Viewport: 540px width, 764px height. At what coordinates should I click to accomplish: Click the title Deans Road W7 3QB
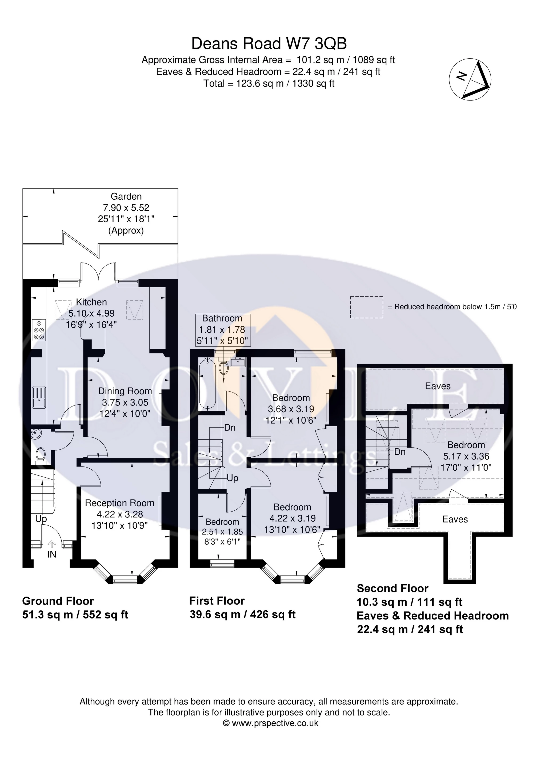[269, 44]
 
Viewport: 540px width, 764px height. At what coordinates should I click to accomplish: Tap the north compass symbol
[470, 79]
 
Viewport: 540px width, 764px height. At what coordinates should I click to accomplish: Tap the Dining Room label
[125, 391]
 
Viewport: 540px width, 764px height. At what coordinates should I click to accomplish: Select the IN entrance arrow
[52, 544]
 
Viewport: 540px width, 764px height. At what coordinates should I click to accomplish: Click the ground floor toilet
[41, 455]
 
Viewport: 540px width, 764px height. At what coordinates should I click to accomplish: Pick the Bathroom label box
[222, 330]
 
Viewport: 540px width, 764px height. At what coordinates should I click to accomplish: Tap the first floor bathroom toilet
[224, 366]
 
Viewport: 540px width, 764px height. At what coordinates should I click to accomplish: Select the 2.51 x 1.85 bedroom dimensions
[222, 532]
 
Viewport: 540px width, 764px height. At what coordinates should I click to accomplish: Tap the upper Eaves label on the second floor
[438, 386]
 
